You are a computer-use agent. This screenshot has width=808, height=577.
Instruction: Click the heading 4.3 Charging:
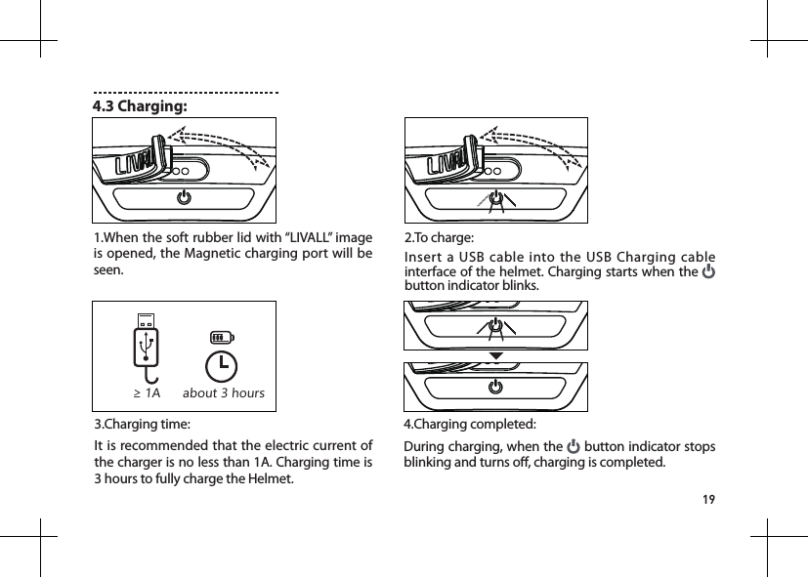141,105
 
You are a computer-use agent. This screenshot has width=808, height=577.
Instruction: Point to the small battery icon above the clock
223,337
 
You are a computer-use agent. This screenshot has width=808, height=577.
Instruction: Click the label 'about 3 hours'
224,393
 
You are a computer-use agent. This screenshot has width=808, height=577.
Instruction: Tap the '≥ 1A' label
147,393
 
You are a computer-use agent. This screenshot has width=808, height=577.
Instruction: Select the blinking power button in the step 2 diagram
496,198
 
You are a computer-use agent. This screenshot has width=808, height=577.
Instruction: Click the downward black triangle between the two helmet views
496,355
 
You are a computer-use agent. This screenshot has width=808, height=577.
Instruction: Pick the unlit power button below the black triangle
496,387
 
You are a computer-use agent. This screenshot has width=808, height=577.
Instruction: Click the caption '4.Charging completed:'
469,425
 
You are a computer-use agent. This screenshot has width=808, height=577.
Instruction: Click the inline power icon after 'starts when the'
708,270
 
